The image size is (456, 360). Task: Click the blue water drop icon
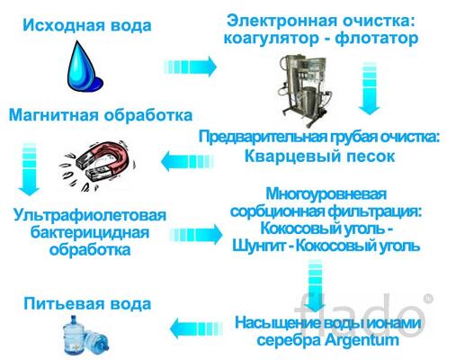point(84,67)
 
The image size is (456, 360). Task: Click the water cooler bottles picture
point(85,336)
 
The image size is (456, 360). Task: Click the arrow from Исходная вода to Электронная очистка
point(190,67)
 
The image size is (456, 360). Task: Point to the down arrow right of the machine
point(370,88)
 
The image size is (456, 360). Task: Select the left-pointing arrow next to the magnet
point(188,161)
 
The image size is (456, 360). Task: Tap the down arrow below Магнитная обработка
point(29,169)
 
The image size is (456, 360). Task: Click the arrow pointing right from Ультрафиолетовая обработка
point(196,234)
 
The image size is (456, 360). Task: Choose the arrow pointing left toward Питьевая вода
point(196,328)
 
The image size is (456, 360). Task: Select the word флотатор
point(377,39)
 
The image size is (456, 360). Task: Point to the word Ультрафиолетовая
point(90,216)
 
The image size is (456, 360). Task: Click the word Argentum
point(362,340)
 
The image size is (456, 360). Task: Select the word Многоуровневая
point(326,194)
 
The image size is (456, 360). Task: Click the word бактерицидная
point(90,233)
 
